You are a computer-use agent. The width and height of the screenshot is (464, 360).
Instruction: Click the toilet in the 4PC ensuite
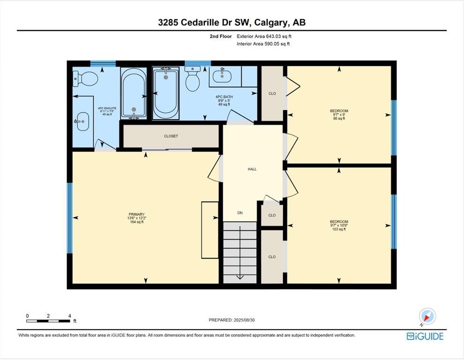[x=85, y=79]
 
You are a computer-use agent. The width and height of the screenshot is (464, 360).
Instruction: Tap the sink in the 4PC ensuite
[x=82, y=121]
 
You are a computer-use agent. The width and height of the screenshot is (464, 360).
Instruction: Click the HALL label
[x=252, y=169]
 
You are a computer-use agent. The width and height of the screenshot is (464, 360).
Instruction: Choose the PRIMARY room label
[x=137, y=214]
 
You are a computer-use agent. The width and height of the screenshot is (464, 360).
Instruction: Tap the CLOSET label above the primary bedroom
[x=171, y=136]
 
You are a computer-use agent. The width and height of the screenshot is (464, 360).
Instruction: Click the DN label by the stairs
[x=240, y=213]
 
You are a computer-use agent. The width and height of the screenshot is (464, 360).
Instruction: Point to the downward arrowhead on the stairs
[x=240, y=277]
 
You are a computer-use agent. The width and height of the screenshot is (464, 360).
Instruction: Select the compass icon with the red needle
[x=427, y=316]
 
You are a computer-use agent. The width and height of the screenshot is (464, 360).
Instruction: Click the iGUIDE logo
[x=425, y=336]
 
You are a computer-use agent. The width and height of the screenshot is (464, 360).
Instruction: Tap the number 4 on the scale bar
[x=70, y=316]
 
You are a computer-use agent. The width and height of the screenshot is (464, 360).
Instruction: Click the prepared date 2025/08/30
[x=244, y=320]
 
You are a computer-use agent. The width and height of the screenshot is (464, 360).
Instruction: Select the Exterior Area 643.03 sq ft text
[x=264, y=37]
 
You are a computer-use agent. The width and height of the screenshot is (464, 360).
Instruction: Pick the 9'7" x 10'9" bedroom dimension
[x=339, y=225]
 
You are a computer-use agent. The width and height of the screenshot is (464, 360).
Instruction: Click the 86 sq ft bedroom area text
[x=339, y=119]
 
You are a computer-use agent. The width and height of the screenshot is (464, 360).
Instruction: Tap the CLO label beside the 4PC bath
[x=272, y=94]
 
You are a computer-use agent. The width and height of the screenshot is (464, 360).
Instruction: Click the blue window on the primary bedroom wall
[x=69, y=218]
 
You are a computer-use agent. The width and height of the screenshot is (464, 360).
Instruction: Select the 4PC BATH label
[x=224, y=97]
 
